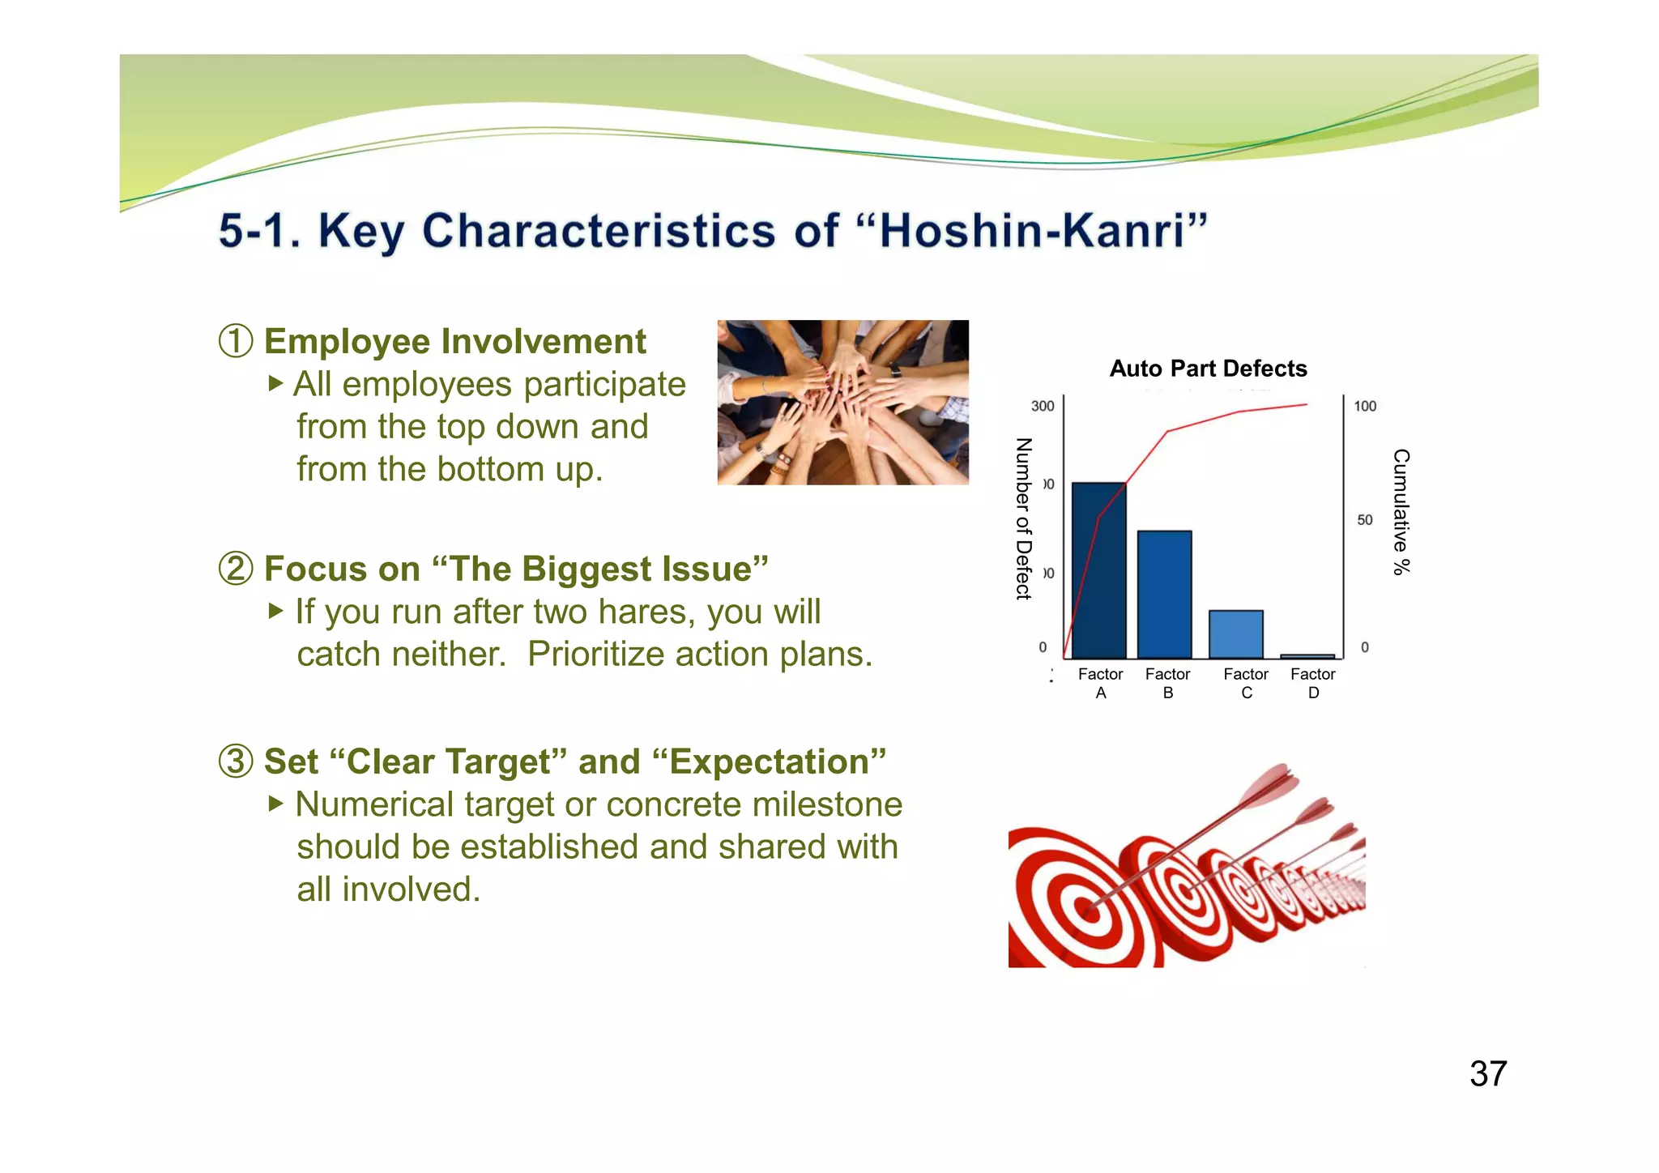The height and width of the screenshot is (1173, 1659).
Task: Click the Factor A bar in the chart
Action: [x=1098, y=570]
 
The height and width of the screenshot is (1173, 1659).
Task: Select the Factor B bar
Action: [x=1164, y=595]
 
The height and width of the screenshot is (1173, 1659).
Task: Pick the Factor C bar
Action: [x=1235, y=634]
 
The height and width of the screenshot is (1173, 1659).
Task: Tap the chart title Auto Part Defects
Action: [x=1208, y=369]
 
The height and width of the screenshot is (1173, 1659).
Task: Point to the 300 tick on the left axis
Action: [x=1042, y=406]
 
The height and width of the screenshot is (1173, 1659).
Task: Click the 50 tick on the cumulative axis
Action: [x=1365, y=520]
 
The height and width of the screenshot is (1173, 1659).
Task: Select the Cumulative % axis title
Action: [x=1401, y=512]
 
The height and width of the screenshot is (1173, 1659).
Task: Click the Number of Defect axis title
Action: [x=1024, y=518]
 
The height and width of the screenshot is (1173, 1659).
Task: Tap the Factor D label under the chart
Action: [x=1312, y=683]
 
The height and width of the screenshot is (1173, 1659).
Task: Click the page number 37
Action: [x=1487, y=1074]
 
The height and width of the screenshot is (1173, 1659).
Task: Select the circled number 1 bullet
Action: [x=236, y=341]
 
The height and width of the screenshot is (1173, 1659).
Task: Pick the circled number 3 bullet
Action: [x=236, y=761]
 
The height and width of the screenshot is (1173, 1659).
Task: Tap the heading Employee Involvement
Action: [x=454, y=341]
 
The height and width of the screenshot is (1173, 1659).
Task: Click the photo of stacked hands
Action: [x=842, y=403]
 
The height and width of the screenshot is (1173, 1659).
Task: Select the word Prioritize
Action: [x=595, y=655]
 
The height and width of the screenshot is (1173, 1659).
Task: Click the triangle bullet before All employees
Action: [x=275, y=382]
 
